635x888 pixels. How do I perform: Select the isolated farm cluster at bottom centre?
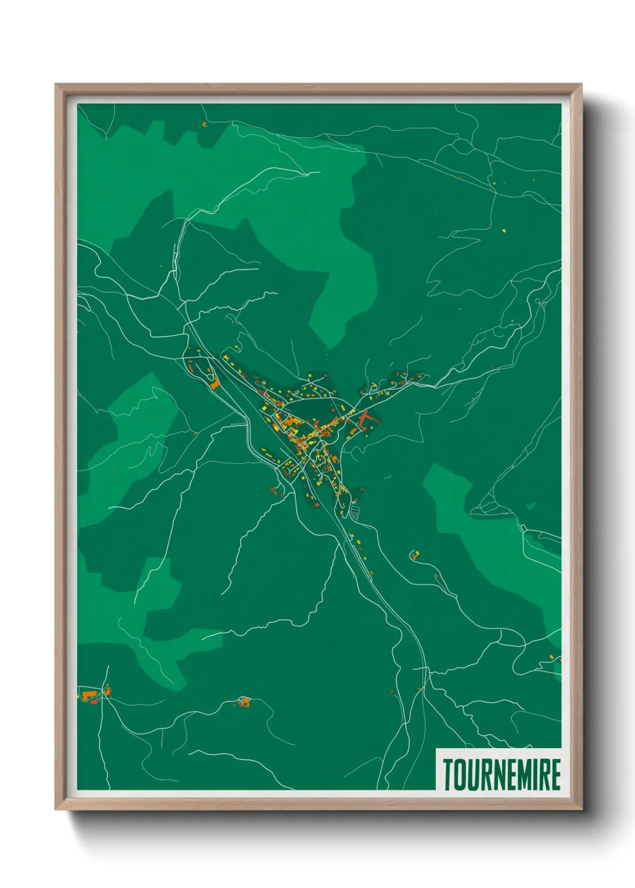(x=243, y=701)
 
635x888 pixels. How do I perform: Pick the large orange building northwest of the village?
(x=214, y=384)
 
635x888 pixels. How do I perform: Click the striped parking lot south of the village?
(x=355, y=512)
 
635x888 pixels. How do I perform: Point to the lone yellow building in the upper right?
(x=505, y=229)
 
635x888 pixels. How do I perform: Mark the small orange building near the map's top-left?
(x=204, y=125)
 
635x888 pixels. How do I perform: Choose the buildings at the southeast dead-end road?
(x=414, y=554)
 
